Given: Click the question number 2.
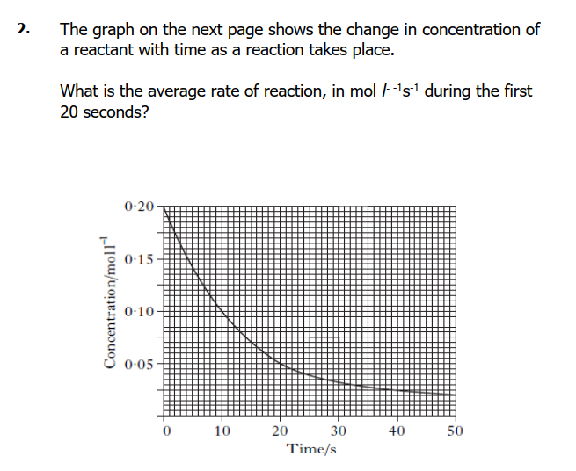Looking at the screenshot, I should tap(23, 30).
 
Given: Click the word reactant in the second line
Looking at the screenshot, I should tap(103, 49).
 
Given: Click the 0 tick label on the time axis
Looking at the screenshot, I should tap(165, 431).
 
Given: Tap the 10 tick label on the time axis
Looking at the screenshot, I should tap(222, 431).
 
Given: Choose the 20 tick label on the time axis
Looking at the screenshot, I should tap(281, 431).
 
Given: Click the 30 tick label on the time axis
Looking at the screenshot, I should tap(339, 431).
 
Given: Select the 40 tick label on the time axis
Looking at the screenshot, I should tap(397, 431).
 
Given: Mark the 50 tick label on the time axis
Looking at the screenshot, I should tap(455, 431).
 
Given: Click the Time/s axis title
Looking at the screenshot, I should tap(310, 449).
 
